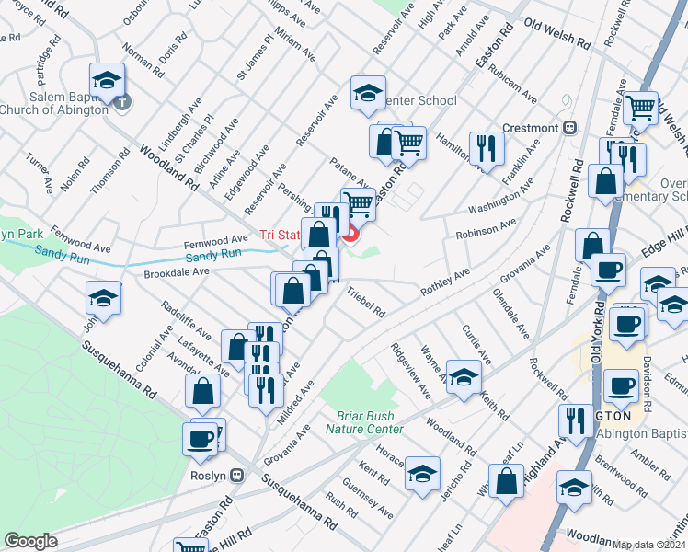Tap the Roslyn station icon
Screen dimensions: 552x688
(237, 476)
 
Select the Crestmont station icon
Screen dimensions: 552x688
(569, 127)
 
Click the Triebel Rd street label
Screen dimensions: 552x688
(366, 302)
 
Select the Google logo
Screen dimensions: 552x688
(31, 540)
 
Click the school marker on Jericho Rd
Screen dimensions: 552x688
(422, 473)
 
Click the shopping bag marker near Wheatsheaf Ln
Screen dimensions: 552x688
(506, 480)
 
